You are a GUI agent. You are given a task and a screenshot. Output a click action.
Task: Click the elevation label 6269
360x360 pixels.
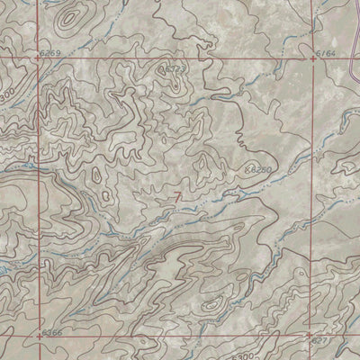[x=51, y=54]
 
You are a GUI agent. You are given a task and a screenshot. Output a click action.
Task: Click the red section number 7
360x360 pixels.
[x=178, y=196]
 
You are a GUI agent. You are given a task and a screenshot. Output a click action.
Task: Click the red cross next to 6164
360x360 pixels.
[x=313, y=58]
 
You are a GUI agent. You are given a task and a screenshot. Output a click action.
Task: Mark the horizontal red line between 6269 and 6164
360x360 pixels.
[x=180, y=58]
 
